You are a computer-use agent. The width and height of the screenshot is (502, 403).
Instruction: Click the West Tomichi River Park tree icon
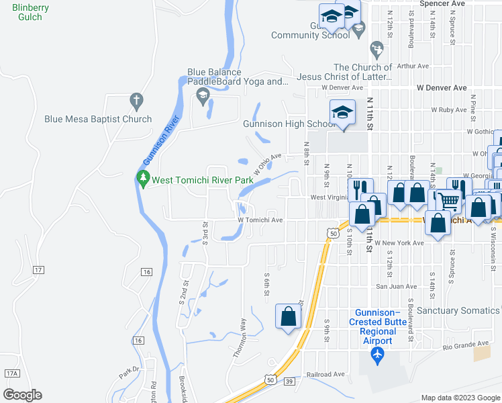point(142,179)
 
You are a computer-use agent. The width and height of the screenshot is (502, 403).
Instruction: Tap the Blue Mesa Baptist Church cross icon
point(136,101)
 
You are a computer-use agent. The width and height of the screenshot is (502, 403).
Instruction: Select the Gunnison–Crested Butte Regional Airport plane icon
point(377,354)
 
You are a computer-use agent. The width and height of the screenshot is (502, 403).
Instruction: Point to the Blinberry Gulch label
point(27,12)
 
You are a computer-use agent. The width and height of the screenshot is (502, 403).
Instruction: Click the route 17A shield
point(11,373)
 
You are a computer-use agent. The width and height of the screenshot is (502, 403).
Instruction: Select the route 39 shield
point(289,382)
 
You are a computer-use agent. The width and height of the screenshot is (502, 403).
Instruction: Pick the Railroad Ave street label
point(325,374)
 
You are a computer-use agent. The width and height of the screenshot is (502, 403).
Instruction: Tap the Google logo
point(22,394)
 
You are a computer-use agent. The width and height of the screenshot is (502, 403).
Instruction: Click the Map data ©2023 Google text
point(460,398)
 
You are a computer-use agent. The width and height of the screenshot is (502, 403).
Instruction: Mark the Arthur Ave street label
point(413,66)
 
